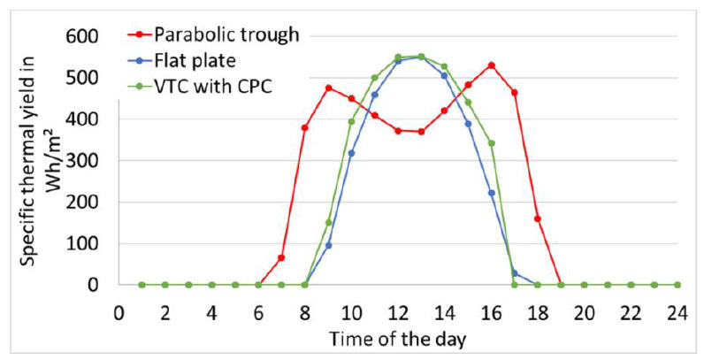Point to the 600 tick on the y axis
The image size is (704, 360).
pyautogui.click(x=89, y=36)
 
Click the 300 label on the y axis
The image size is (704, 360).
pyautogui.click(x=89, y=161)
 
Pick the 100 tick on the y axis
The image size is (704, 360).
pyautogui.click(x=89, y=244)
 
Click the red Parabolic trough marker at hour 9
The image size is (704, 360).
pyautogui.click(x=328, y=88)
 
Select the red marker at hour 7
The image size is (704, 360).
pyautogui.click(x=281, y=257)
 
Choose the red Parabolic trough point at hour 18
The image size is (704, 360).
pyautogui.click(x=538, y=218)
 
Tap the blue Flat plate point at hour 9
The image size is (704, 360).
pyautogui.click(x=328, y=245)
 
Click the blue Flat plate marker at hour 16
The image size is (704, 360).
pyautogui.click(x=491, y=193)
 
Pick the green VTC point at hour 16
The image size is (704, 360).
pyautogui.click(x=491, y=143)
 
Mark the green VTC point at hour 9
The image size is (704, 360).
pyautogui.click(x=328, y=222)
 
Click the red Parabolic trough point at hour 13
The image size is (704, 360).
pyautogui.click(x=421, y=132)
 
